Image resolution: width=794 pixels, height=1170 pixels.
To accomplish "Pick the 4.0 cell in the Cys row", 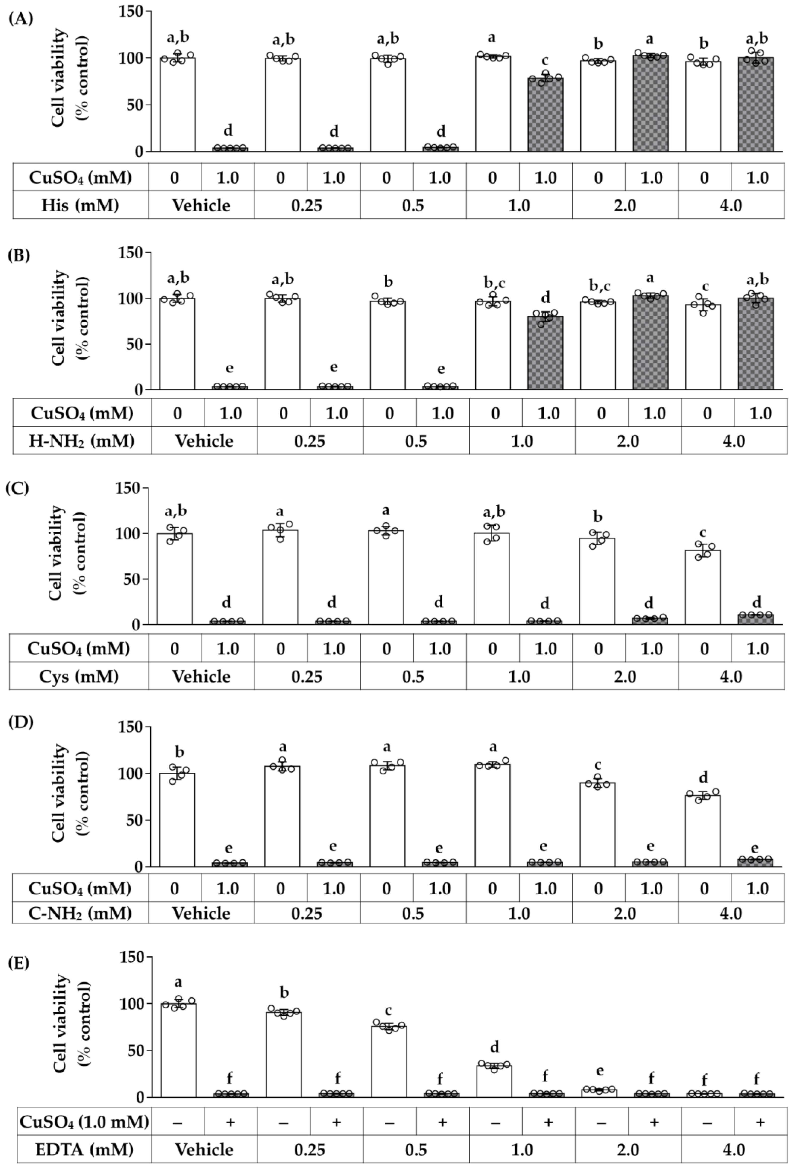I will point(731,676).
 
